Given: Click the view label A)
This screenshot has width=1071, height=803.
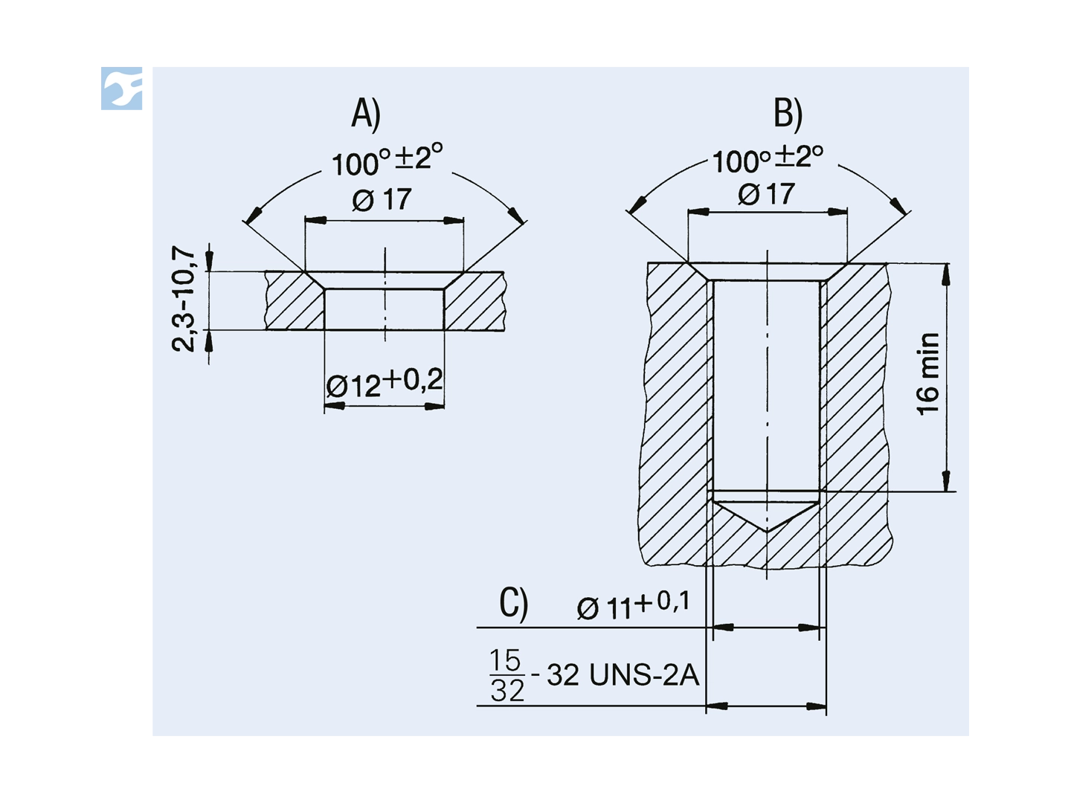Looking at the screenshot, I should click(x=366, y=114).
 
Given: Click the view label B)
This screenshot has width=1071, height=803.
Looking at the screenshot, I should click(x=788, y=114).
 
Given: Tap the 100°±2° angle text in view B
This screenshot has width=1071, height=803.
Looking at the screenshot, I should click(x=768, y=158).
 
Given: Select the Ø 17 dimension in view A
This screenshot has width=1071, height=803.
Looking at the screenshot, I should click(x=382, y=199).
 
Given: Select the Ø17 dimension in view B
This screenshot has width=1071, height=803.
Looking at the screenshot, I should click(x=766, y=195).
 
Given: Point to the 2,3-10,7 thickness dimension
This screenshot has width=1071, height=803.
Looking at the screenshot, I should click(x=184, y=298).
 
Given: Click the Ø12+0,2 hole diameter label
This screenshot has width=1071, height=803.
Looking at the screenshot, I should click(x=385, y=384).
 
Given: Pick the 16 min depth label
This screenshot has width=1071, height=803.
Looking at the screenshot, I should click(x=928, y=374).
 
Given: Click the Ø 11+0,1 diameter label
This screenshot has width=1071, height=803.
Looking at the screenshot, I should click(x=633, y=605).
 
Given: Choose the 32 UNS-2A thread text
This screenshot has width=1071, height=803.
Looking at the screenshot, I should click(x=623, y=675).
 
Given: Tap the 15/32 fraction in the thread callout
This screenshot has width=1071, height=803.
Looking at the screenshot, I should click(x=507, y=675).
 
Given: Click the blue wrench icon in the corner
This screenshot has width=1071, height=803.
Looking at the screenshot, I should click(x=124, y=89).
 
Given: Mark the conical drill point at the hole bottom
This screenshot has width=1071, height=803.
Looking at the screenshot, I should click(x=767, y=515).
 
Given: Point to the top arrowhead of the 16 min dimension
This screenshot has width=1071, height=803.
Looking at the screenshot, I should click(x=946, y=274).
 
